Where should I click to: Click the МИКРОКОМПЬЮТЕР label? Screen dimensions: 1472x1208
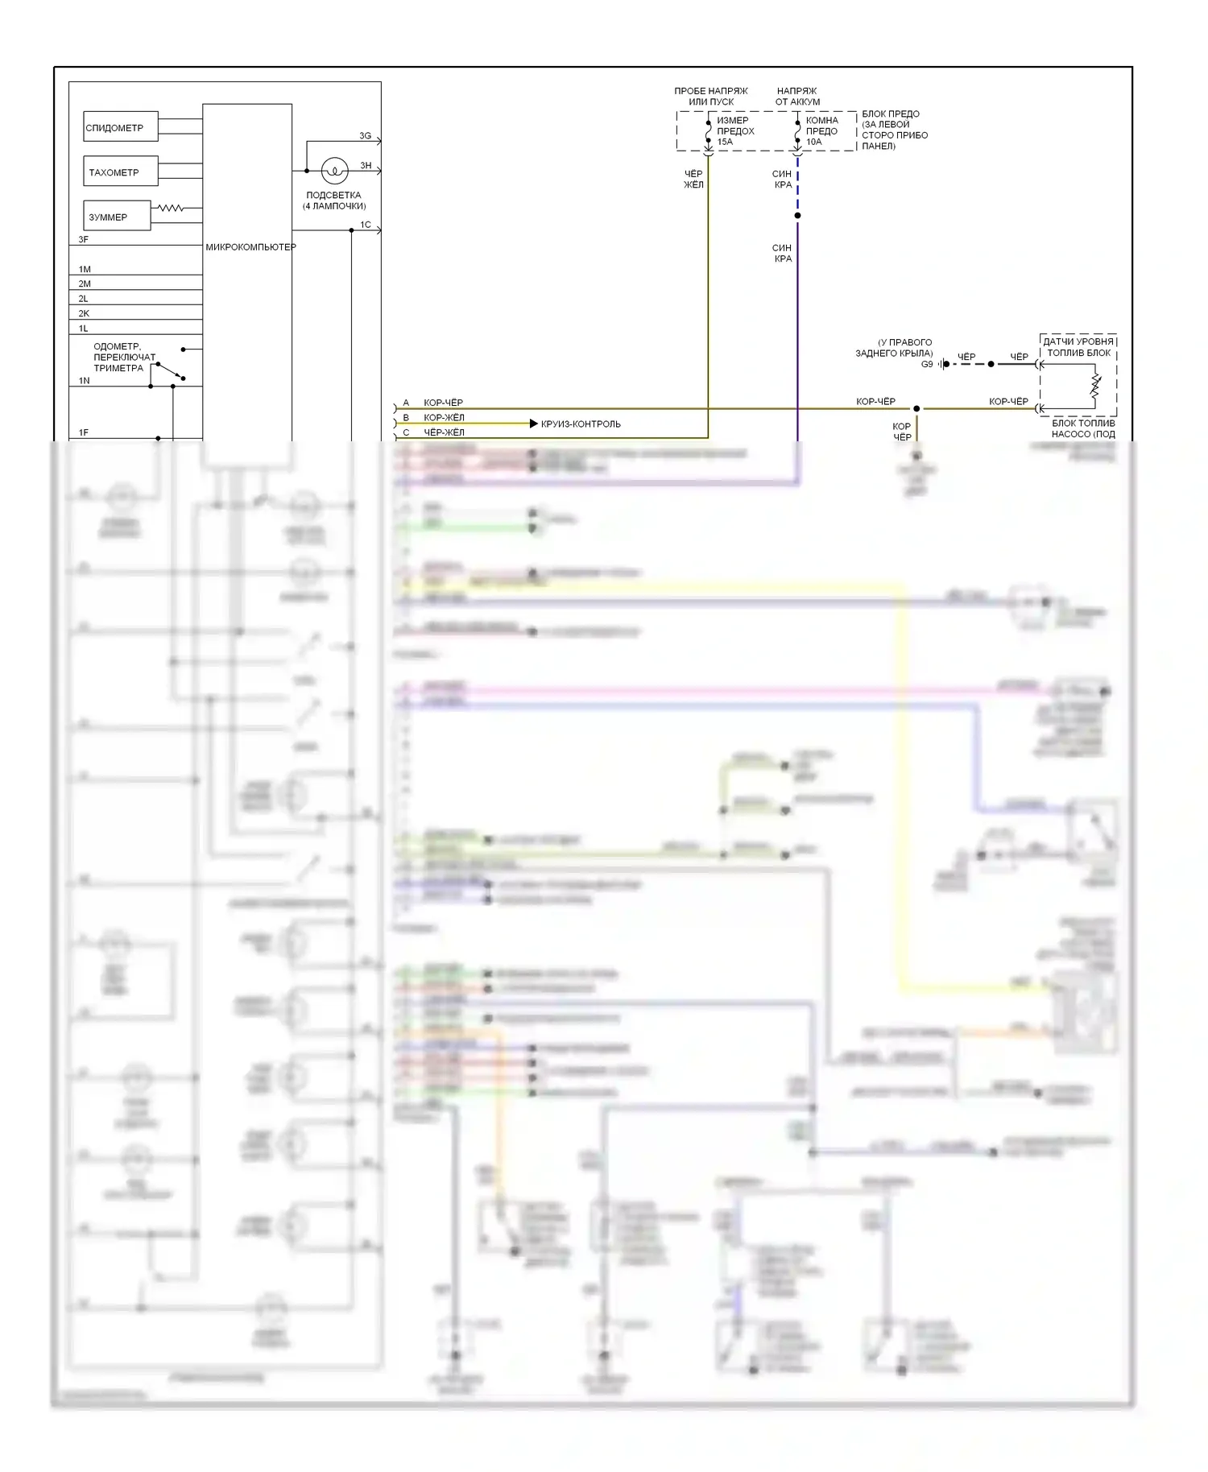(x=250, y=247)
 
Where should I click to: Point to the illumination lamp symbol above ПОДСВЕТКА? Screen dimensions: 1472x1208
(x=334, y=171)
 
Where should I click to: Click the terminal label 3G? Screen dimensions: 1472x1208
(x=365, y=136)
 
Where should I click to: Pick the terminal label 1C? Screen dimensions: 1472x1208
(x=365, y=225)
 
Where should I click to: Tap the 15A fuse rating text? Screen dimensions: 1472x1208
(x=725, y=142)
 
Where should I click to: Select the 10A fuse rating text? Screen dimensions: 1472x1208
(x=813, y=142)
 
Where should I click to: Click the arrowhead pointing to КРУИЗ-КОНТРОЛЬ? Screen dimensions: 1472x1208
(x=533, y=424)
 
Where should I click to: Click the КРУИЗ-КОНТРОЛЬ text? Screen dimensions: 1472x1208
(x=581, y=424)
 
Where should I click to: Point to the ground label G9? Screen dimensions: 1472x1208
(x=927, y=364)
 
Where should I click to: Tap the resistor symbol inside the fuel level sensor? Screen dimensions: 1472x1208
(x=1095, y=386)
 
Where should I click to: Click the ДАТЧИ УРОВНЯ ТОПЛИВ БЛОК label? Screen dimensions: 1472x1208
(x=1078, y=347)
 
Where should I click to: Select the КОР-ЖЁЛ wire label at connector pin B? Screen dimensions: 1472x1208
(x=444, y=418)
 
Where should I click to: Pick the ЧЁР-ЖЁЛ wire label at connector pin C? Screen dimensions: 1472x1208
(x=444, y=432)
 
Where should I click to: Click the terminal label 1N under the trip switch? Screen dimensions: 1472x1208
(x=85, y=381)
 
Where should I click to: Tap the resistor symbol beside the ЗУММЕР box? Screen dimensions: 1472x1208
(x=171, y=209)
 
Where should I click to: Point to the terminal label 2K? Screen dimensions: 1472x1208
(x=84, y=313)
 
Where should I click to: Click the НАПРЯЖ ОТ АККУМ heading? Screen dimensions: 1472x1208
(x=797, y=97)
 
